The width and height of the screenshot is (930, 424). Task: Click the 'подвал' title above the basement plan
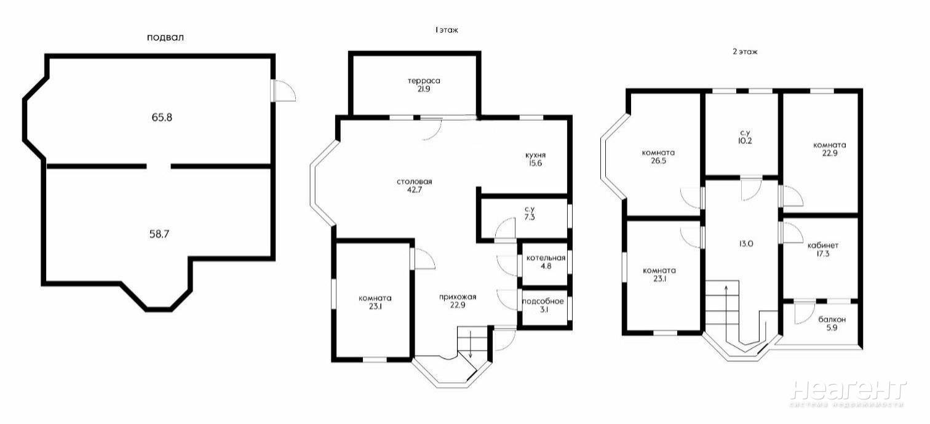[x=165, y=38]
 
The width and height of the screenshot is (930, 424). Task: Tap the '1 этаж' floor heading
[x=447, y=30]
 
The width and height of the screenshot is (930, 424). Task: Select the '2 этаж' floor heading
[x=745, y=52]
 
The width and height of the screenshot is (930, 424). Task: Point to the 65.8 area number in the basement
[x=162, y=118]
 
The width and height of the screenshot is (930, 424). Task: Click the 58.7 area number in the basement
[x=159, y=234]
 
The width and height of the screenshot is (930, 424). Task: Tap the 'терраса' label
[x=424, y=81]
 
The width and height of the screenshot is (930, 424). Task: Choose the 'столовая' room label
[x=415, y=182]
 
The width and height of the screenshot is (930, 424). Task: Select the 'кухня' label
[x=536, y=155]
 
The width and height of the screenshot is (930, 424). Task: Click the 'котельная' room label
[x=546, y=258]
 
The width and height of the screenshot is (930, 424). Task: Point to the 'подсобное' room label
[x=543, y=302]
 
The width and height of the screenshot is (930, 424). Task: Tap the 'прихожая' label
[x=458, y=297]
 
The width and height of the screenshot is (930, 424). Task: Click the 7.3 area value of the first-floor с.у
[x=530, y=217]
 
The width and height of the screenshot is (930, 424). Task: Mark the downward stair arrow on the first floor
[x=470, y=344]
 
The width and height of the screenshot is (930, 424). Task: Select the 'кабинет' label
[x=823, y=246]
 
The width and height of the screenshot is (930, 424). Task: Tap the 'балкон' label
[x=832, y=319]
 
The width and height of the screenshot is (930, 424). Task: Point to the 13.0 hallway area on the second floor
[x=745, y=244]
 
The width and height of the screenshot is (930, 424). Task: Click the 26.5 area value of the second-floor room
[x=659, y=161]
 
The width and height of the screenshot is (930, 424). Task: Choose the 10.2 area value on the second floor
[x=745, y=141]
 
